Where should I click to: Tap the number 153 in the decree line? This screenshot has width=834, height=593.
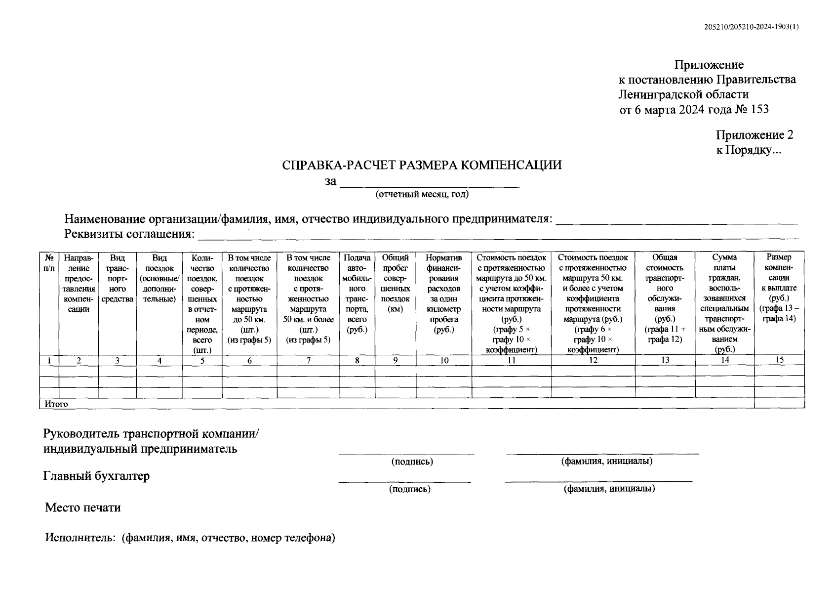(x=759, y=109)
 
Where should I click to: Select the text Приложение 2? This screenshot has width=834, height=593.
(x=755, y=135)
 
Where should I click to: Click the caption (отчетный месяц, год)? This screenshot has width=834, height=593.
(x=422, y=194)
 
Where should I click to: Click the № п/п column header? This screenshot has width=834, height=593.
(x=49, y=262)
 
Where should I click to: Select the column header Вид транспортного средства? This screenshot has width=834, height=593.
(x=117, y=278)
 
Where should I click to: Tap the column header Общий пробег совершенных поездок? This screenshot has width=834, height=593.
(x=395, y=283)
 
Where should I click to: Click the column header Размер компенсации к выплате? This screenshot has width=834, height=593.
(x=779, y=288)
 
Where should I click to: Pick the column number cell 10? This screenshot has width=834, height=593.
(x=444, y=360)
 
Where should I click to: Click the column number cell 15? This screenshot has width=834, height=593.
(x=779, y=360)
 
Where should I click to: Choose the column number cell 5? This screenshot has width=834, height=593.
(x=202, y=360)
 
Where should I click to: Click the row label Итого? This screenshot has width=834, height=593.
(x=56, y=404)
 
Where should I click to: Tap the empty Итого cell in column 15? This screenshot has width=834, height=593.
(x=779, y=403)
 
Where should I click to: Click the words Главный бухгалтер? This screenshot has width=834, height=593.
(x=96, y=476)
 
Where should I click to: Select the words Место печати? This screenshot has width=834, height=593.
(x=82, y=508)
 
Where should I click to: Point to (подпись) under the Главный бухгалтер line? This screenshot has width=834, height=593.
(x=409, y=489)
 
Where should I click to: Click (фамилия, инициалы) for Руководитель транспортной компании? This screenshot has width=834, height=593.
(x=606, y=461)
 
